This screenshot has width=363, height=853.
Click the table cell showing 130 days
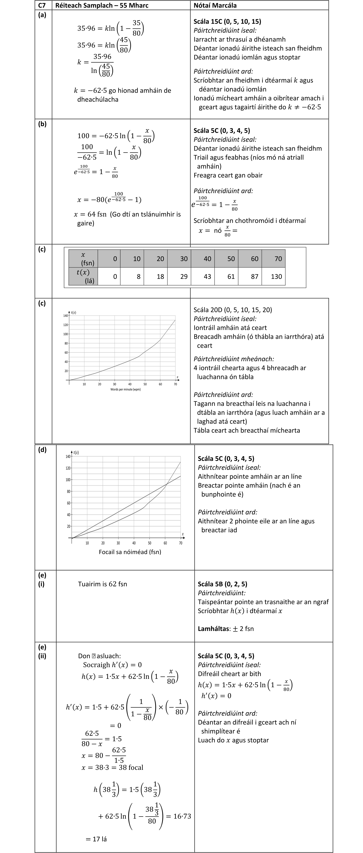click(x=276, y=276)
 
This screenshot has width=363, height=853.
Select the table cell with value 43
click(x=207, y=276)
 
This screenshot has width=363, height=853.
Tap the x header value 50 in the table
click(x=231, y=259)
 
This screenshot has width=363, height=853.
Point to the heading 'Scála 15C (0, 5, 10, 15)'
click(x=227, y=22)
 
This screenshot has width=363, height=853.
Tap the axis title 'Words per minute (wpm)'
click(x=125, y=389)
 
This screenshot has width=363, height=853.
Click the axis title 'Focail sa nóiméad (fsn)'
click(x=130, y=552)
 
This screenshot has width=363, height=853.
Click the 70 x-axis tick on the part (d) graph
click(x=181, y=543)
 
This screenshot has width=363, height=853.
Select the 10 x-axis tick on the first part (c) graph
click(x=84, y=384)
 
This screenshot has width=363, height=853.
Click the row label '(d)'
click(x=43, y=450)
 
